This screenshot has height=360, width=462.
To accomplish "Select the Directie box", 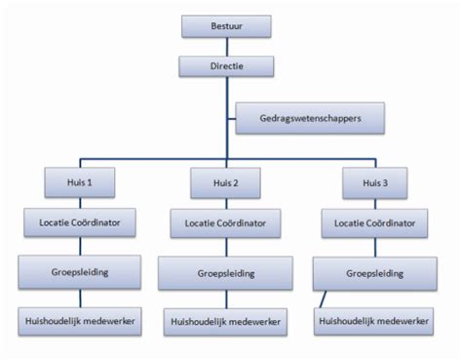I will coord(226,66).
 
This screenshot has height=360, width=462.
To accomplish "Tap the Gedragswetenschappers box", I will coord(310,118).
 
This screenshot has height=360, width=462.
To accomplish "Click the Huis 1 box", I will coord(80,181).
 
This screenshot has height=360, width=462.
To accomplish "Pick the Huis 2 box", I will coord(226,181).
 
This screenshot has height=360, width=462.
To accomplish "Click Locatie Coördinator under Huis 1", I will coord(80,223).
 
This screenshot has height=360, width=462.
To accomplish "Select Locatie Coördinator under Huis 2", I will coord(226,223).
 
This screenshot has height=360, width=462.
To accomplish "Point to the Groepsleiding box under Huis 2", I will coord(226,272).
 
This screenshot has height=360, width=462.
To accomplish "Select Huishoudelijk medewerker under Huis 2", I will coord(226,320).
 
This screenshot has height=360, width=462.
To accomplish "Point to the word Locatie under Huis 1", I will coord(56,223).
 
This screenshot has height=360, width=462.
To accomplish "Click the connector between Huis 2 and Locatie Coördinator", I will coord(226,202).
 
